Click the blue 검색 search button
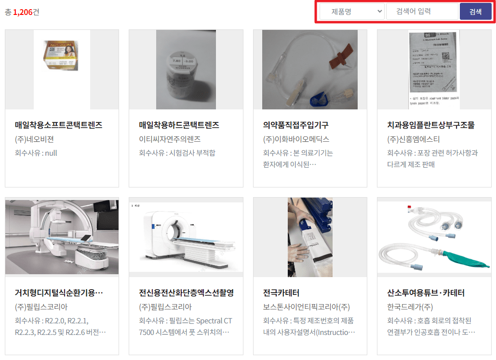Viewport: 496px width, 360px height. tap(475, 12)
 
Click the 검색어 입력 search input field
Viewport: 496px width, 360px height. tap(422, 12)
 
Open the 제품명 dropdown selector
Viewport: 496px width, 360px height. tap(351, 12)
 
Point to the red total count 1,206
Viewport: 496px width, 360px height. tap(23, 12)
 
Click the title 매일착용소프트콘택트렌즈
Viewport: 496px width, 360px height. tap(59, 125)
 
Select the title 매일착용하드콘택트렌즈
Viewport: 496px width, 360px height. tap(179, 125)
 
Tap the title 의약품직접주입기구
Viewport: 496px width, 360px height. tap(295, 125)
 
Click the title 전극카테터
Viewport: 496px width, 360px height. tap(282, 293)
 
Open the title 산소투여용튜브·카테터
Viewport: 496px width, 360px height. tap(426, 293)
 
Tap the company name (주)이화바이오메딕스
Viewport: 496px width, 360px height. tap(296, 139)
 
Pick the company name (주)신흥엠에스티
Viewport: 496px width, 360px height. tap(413, 139)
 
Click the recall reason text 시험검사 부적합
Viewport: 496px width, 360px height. tap(191, 153)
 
